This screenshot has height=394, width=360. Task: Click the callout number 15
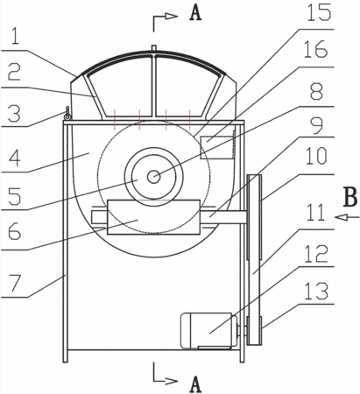tap(319, 13)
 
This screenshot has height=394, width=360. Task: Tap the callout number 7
tap(16, 284)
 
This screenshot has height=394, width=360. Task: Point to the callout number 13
tap(316, 291)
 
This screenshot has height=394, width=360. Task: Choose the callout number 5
tap(15, 196)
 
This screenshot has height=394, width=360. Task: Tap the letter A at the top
tap(195, 13)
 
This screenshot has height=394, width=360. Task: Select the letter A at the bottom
tap(195, 384)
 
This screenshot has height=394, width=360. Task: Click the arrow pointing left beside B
tap(347, 217)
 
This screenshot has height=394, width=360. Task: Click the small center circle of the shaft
tap(153, 177)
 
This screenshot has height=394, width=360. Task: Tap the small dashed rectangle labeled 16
tap(217, 147)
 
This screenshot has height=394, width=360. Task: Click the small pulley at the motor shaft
tap(254, 330)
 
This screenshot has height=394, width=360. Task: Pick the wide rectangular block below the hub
tap(153, 217)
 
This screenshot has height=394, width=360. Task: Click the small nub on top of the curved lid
tap(154, 48)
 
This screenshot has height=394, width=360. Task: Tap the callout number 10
tap(317, 155)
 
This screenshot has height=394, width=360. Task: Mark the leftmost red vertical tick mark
tap(115, 120)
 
